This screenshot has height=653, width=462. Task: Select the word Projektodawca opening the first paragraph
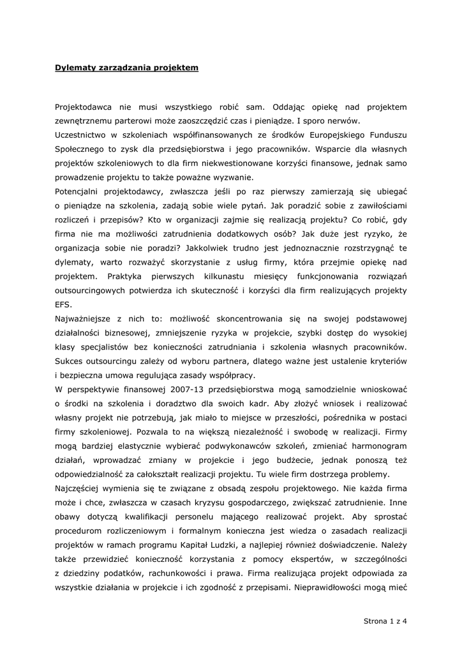[86, 107]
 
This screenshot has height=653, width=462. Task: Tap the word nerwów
[346, 121]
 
